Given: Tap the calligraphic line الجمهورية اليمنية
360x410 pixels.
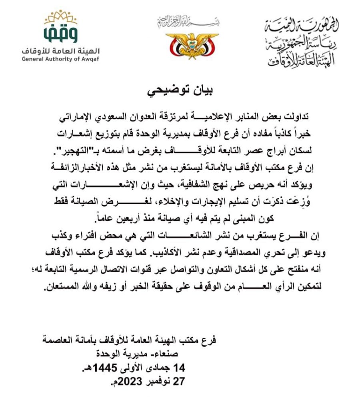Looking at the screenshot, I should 302,26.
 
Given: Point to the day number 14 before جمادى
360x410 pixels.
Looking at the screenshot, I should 177,368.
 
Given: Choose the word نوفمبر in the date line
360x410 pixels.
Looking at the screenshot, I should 152,382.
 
